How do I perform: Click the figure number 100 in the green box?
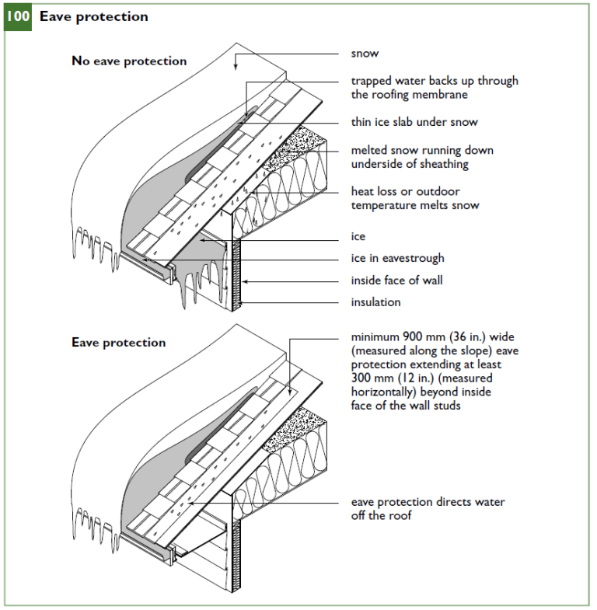[18, 16]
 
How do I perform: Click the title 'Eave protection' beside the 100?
[93, 16]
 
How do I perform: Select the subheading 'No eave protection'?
[129, 61]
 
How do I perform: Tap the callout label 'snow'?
[365, 54]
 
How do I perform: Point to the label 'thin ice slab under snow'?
[414, 122]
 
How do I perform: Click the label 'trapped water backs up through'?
[434, 81]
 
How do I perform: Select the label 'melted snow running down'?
[421, 150]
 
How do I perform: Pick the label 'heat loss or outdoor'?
[404, 191]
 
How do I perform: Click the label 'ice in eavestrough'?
[396, 259]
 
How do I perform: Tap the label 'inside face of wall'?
[396, 281]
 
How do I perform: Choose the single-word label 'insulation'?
[375, 302]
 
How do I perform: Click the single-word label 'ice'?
[358, 237]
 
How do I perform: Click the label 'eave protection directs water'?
[428, 502]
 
